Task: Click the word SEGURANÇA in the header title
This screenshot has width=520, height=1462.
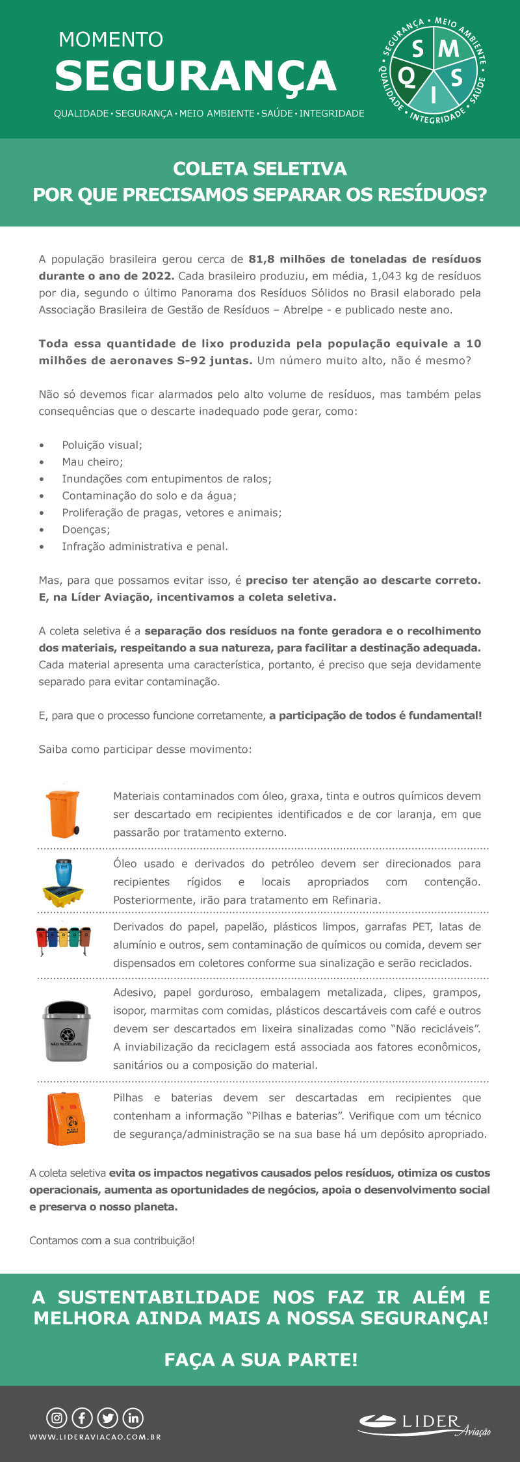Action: pyautogui.click(x=195, y=76)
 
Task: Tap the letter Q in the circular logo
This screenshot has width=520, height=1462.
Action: pyautogui.click(x=406, y=77)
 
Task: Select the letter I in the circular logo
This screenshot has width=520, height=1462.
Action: pyautogui.click(x=433, y=98)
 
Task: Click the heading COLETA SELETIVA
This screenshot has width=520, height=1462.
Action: pyautogui.click(x=260, y=169)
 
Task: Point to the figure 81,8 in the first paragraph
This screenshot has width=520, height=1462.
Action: pyautogui.click(x=262, y=259)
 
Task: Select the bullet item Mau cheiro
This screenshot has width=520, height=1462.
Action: pyautogui.click(x=92, y=462)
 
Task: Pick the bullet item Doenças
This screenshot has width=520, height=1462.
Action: pyautogui.click(x=86, y=530)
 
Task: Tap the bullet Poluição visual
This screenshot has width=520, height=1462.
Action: pyautogui.click(x=102, y=445)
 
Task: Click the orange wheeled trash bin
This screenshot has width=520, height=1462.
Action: pyautogui.click(x=63, y=813)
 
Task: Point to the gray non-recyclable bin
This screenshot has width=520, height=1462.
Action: pyautogui.click(x=66, y=1032)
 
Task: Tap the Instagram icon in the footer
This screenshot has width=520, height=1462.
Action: pyautogui.click(x=57, y=1418)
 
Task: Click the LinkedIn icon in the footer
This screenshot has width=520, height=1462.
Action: pyautogui.click(x=133, y=1418)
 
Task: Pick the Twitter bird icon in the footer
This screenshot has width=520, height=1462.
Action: pyautogui.click(x=108, y=1418)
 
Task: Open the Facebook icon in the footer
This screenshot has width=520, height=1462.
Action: pyautogui.click(x=83, y=1418)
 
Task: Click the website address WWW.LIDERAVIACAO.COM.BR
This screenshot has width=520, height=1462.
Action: pyautogui.click(x=95, y=1437)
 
